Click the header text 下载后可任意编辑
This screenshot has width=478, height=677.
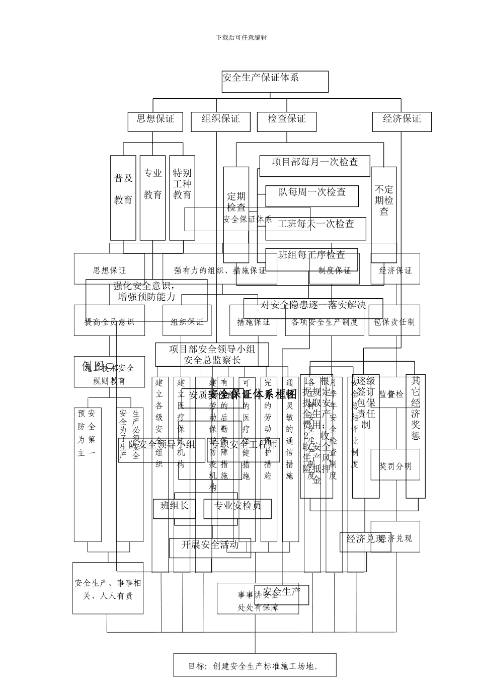tap(242, 37)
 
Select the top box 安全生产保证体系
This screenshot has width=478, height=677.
tap(275, 81)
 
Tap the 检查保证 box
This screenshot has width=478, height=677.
tap(286, 120)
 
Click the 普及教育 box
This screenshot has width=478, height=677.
tap(123, 197)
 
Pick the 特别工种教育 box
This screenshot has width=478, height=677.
tap(182, 197)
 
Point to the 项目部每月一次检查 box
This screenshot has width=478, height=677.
tap(315, 163)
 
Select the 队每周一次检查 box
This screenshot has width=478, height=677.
tap(312, 195)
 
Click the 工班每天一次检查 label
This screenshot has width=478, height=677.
tap(316, 224)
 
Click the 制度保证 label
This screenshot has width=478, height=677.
tap(335, 270)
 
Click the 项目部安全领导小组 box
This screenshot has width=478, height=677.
tap(212, 354)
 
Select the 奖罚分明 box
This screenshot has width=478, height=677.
tap(395, 466)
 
